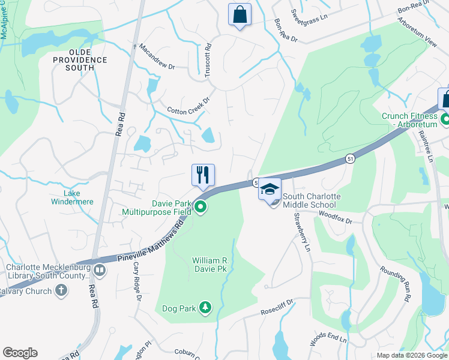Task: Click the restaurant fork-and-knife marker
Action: [x=203, y=175]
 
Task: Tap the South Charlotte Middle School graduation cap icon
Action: [x=270, y=188]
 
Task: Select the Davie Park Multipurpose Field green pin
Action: [x=201, y=208]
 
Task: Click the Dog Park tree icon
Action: [x=205, y=308]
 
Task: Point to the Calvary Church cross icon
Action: [x=61, y=291]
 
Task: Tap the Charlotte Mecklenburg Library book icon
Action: [x=99, y=270]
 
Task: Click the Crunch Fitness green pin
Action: [x=445, y=119]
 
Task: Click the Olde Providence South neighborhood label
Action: [x=80, y=60]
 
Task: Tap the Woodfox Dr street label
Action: [x=335, y=216]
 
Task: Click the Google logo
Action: [x=20, y=353]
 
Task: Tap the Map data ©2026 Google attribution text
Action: [x=411, y=355]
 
